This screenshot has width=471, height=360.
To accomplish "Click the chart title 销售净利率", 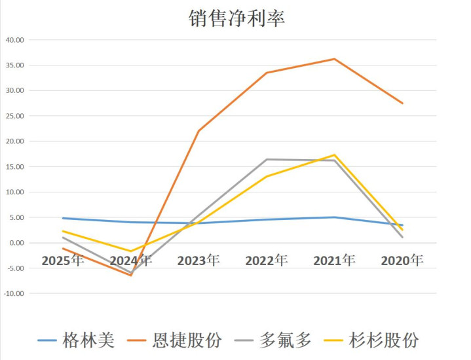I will (x=236, y=18).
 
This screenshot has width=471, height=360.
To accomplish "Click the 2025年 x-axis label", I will (x=63, y=261).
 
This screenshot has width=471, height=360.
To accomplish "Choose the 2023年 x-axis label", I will (x=198, y=261).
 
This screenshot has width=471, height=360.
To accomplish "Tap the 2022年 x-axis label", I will (x=267, y=261).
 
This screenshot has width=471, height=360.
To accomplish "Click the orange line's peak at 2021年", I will (x=335, y=59).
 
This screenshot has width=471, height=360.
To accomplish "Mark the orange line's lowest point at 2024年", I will (x=131, y=276).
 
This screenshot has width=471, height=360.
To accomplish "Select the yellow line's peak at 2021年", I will (x=335, y=155).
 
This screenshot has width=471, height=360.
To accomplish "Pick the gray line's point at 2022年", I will (x=267, y=159).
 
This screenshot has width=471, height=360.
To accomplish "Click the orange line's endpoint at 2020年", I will (x=403, y=103).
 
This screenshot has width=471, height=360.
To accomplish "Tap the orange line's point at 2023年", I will (x=198, y=131).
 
